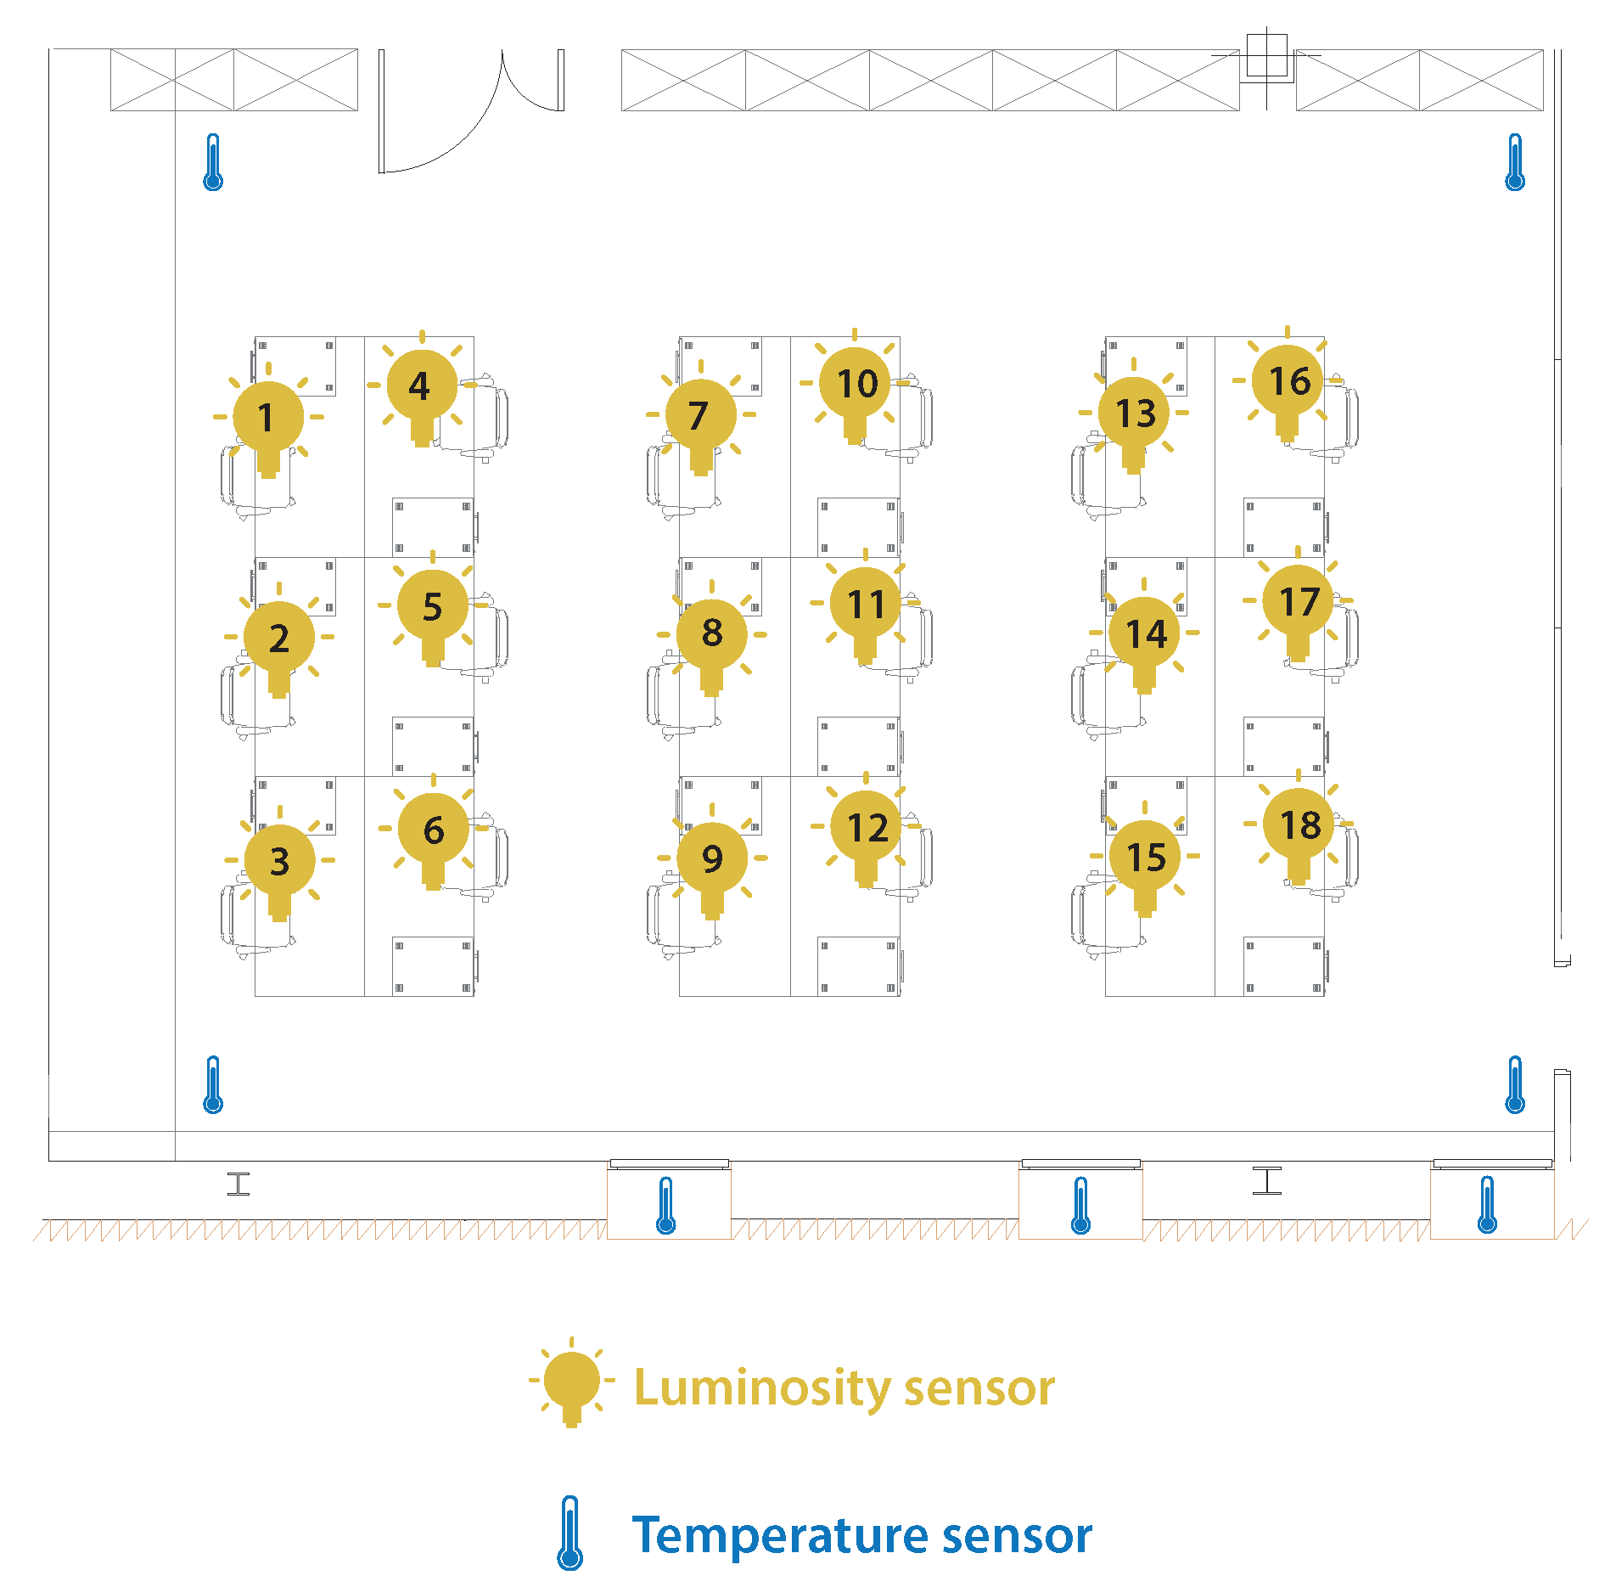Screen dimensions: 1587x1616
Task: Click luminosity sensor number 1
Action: tap(268, 418)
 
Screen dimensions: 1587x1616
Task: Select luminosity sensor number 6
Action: tap(433, 830)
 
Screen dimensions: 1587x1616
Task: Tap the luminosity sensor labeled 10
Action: tap(856, 384)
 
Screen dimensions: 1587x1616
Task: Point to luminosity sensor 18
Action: tap(1299, 825)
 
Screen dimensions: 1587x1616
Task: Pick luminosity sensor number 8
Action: tap(712, 633)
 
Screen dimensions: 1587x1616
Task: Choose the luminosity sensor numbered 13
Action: tap(1134, 414)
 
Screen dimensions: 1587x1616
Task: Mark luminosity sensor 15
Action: tap(1145, 857)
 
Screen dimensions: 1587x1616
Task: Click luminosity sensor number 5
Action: tap(432, 606)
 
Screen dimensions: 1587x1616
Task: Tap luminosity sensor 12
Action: tap(867, 828)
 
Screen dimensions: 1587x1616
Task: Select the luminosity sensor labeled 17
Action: tap(1299, 602)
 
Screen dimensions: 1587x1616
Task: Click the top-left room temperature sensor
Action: tap(213, 162)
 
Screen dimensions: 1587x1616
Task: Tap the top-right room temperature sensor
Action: tap(1515, 162)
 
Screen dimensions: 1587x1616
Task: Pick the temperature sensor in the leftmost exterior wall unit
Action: tap(666, 1205)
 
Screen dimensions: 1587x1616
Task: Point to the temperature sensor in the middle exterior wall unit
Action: tap(1080, 1205)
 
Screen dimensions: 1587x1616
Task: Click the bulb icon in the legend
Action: tap(571, 1382)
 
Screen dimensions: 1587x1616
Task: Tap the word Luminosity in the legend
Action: tap(763, 1389)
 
